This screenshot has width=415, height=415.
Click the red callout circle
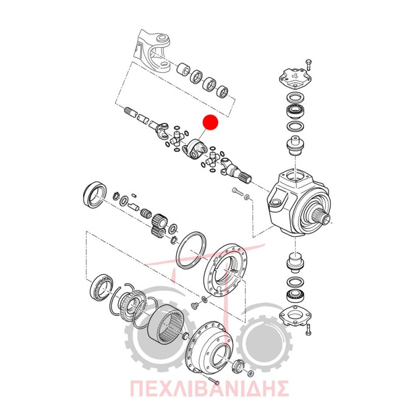click(210, 122)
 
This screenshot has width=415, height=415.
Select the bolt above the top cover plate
click(309, 64)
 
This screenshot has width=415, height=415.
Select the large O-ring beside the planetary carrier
click(191, 251)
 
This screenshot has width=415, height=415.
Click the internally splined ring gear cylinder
click(165, 323)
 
